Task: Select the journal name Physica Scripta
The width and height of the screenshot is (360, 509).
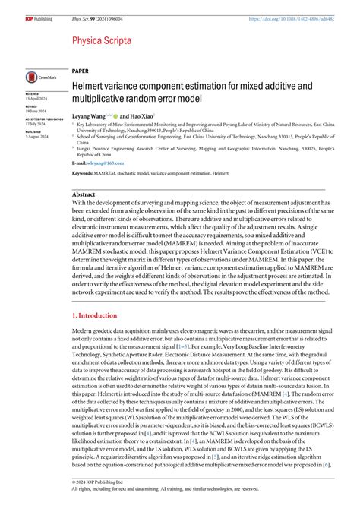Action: click(x=101, y=39)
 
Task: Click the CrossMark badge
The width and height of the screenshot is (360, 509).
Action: click(x=39, y=78)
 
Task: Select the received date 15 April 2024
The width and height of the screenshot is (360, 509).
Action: click(x=36, y=99)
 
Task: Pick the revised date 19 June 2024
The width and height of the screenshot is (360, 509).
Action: click(x=36, y=111)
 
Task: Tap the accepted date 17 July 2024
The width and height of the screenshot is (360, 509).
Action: click(x=36, y=124)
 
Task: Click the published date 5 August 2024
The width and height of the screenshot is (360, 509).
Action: click(x=37, y=137)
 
